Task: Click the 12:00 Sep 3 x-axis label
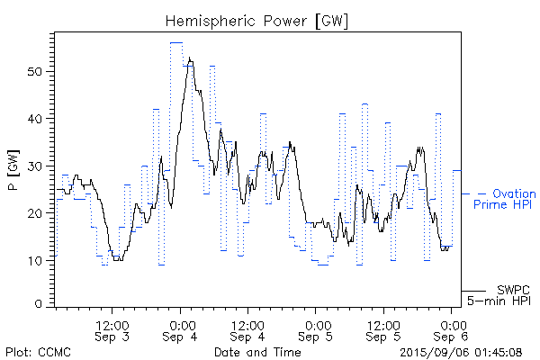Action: pyautogui.click(x=113, y=330)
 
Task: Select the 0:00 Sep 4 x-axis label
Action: pyautogui.click(x=181, y=330)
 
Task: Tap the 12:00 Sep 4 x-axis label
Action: pyautogui.click(x=248, y=330)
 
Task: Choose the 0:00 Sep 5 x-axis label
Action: pyautogui.click(x=316, y=330)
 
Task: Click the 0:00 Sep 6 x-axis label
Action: pyautogui.click(x=451, y=330)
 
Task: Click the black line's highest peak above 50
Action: pyautogui.click(x=190, y=58)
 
